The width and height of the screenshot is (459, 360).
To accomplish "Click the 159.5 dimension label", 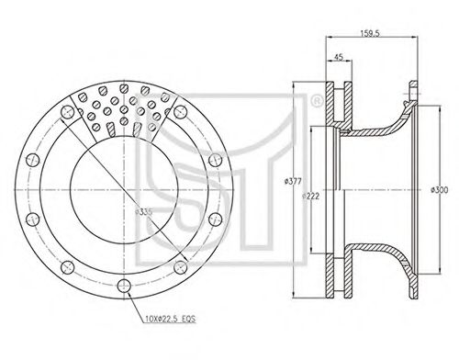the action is pyautogui.click(x=370, y=33).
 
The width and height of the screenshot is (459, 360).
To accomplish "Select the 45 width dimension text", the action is pyautogui.click(x=338, y=57).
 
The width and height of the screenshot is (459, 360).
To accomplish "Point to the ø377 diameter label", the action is pyautogui.click(x=293, y=181).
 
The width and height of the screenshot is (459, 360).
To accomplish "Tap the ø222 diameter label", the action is pyautogui.click(x=310, y=197).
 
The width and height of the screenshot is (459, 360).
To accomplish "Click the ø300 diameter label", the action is pyautogui.click(x=439, y=190).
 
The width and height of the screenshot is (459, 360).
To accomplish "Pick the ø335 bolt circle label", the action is pyautogui.click(x=143, y=212).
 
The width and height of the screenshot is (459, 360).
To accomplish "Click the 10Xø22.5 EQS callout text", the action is pyautogui.click(x=170, y=319).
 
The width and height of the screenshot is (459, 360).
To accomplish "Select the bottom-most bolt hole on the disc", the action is pyautogui.click(x=124, y=286).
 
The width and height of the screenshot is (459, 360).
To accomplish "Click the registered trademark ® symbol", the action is pyautogui.click(x=317, y=101).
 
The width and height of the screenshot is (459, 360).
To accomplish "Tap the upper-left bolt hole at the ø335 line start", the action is pyautogui.click(x=68, y=112).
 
